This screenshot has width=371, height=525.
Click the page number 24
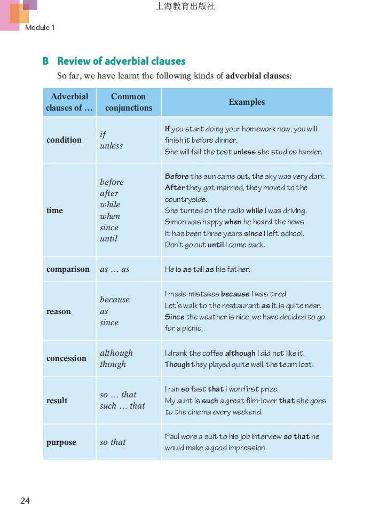(x=25, y=500)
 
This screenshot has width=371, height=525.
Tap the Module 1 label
(x=40, y=27)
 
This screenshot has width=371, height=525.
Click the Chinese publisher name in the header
(x=185, y=7)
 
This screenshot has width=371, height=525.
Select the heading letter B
(x=46, y=61)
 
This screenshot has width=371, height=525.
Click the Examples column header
(x=247, y=101)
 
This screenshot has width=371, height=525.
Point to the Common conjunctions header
(x=129, y=102)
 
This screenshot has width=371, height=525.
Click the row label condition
(x=64, y=140)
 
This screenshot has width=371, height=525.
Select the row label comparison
(x=68, y=269)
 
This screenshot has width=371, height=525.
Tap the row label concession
(x=66, y=358)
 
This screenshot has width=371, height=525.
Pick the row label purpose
(x=61, y=442)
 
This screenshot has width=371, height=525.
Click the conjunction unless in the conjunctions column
(x=111, y=146)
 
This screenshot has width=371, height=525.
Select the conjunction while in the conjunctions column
(x=110, y=205)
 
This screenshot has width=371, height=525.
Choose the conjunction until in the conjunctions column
(x=108, y=239)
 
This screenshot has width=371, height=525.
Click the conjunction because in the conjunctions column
(x=115, y=300)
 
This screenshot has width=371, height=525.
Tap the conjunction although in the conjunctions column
(x=116, y=353)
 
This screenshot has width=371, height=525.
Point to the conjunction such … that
(x=122, y=406)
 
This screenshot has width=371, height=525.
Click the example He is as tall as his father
(x=207, y=269)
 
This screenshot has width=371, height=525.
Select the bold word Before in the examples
(x=177, y=176)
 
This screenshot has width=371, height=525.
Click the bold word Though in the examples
(x=177, y=364)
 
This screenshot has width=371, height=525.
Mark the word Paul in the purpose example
(x=172, y=436)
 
